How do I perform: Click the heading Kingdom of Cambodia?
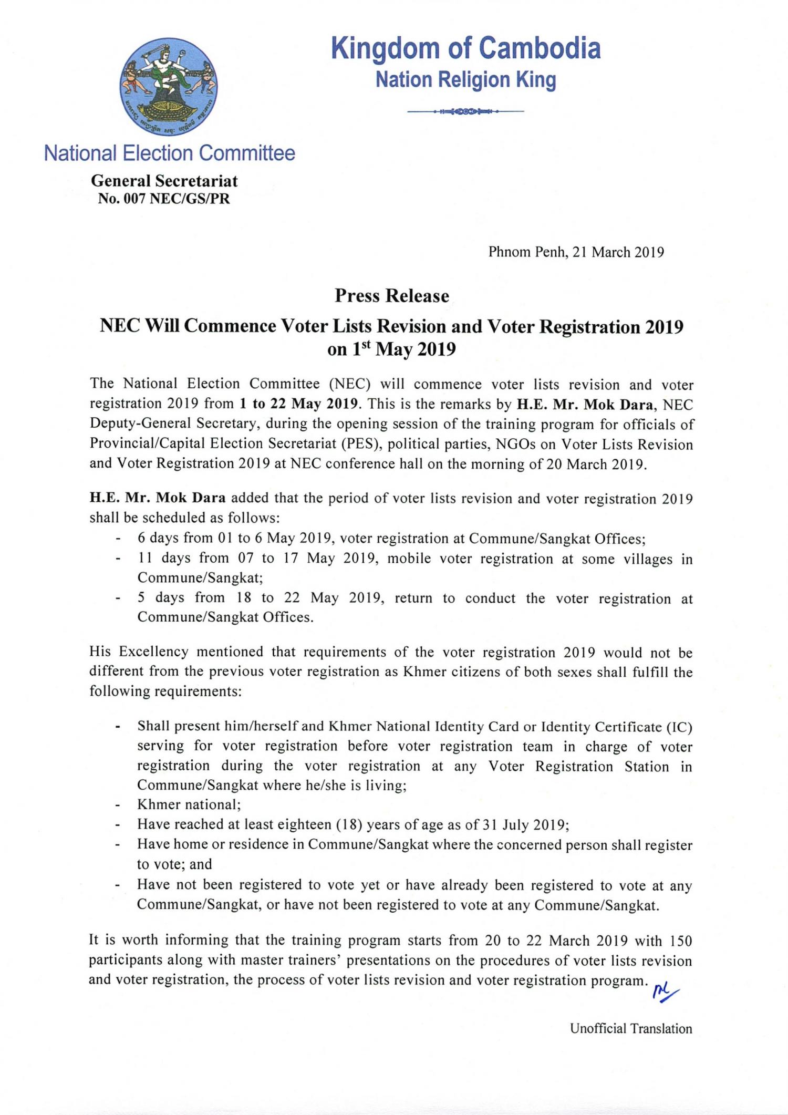pos(465,49)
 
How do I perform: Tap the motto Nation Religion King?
pos(465,80)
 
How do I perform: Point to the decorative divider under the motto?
pos(465,111)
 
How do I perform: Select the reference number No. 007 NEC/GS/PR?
pos(164,199)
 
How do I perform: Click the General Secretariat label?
pos(164,181)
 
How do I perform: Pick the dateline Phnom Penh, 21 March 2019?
pos(576,252)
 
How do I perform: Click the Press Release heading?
pos(392,296)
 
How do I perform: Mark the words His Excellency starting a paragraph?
pos(139,652)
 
